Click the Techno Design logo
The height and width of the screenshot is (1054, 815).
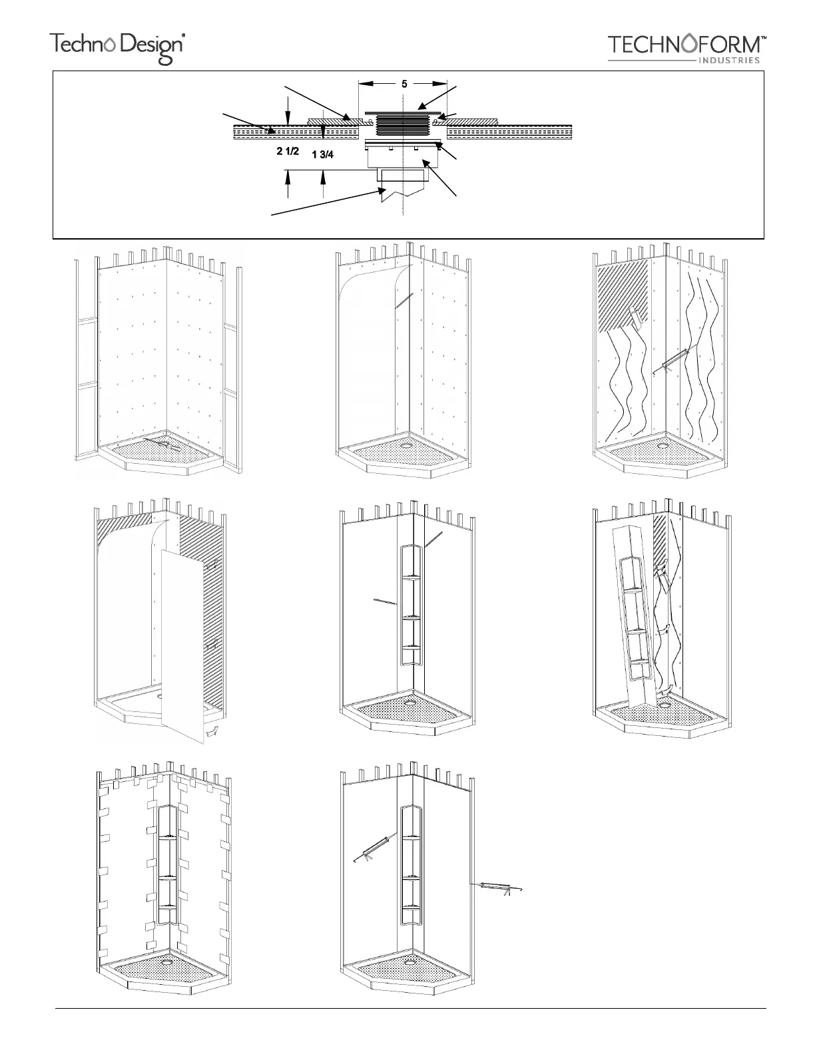coord(117,47)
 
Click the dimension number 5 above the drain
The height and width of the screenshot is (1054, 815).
coord(404,84)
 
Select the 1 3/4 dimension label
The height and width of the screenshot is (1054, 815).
coord(323,154)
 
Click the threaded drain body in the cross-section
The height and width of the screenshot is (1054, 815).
coord(402,125)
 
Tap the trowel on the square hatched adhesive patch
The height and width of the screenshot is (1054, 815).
coord(637,319)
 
